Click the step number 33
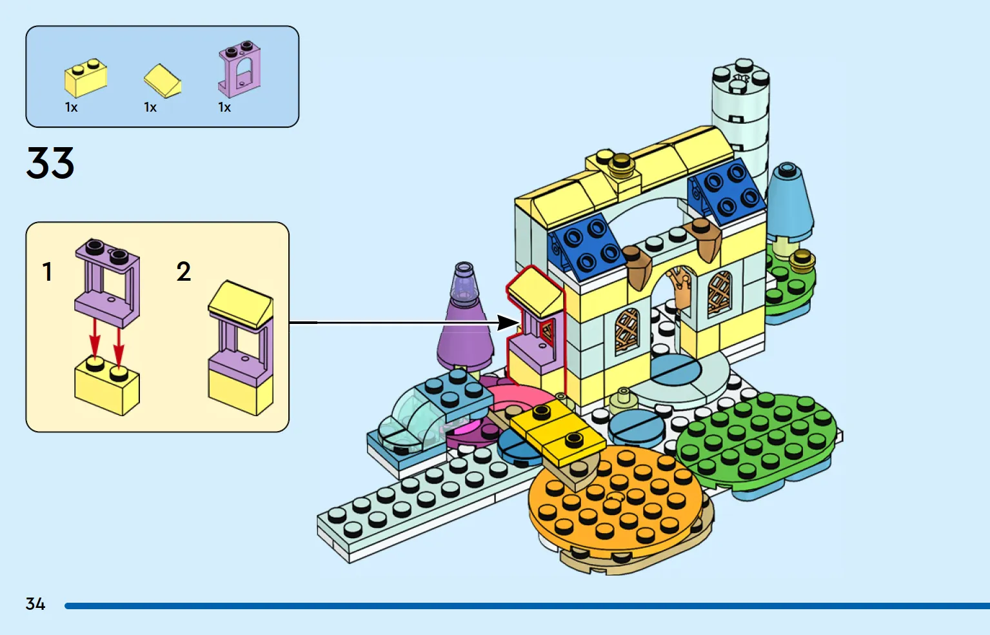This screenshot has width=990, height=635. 50,163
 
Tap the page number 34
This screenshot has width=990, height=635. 35,604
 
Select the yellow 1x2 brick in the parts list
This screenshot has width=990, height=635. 85,79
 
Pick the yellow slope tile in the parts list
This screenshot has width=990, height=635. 162,81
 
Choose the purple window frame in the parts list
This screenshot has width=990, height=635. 239,69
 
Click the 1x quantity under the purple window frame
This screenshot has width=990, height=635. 224,108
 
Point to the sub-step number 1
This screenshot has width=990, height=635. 47,272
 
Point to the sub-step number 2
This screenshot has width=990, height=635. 184,272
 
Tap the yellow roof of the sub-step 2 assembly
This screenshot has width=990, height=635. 241,303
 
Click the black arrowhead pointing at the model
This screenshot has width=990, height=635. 509,323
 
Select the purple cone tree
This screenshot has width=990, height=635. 464,329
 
